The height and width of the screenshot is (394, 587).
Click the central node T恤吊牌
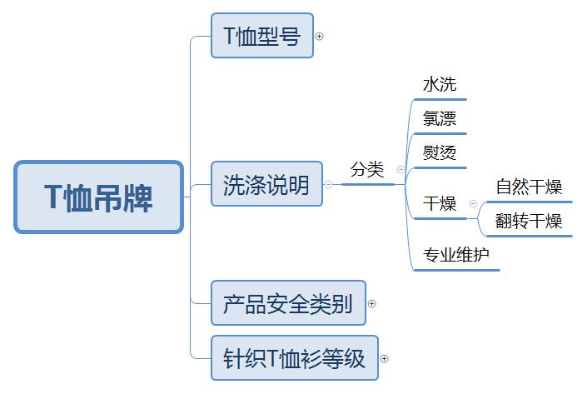coord(98,197)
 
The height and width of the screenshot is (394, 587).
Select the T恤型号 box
coord(261,36)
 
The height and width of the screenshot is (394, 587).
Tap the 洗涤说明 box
coord(266,184)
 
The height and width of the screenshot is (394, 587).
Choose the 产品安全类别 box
coord(287,303)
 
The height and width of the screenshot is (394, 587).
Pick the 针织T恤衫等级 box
coord(294,358)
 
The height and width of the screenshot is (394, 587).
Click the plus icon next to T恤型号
coord(320,37)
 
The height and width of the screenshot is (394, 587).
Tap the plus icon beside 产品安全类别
coord(372,304)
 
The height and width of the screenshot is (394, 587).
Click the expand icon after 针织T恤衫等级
coord(385,359)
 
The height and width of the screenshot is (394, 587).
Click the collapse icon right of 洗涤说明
coord(328,185)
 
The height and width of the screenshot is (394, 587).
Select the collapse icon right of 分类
coord(400,170)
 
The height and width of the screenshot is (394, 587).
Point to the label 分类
coord(367,170)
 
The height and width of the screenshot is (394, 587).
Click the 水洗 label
coord(440,85)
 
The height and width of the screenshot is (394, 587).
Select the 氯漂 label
coord(440,119)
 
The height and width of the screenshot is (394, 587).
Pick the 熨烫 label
coord(440,153)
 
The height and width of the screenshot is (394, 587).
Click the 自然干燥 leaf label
coord(529,187)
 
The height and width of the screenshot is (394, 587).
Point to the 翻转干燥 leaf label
coord(529,221)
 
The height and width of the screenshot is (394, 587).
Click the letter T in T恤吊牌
coord(52,198)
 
